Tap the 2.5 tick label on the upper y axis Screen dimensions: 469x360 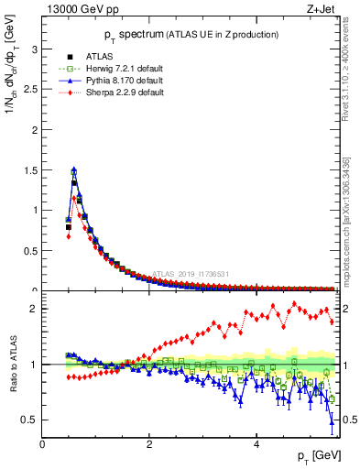pos(31,89)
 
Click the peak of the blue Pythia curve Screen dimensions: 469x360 pos(73,169)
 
